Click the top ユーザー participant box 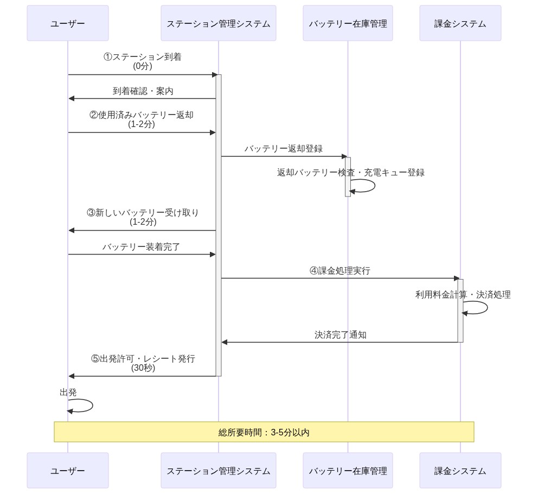coord(68,23)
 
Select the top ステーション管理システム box coord(218,23)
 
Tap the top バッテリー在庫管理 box coord(348,23)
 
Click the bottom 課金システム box coord(460,471)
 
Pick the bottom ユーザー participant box coord(68,471)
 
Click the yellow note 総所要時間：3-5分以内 coord(264,432)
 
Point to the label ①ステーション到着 coord(143,57)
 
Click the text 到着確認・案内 coord(143,91)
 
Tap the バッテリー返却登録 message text coord(283,149)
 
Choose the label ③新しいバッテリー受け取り coord(143,213)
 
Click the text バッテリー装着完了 coord(142,247)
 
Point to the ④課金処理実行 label coord(340,271)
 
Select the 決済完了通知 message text coord(340,335)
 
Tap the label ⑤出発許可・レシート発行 coord(143,359)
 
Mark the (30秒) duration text coord(143,368)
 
